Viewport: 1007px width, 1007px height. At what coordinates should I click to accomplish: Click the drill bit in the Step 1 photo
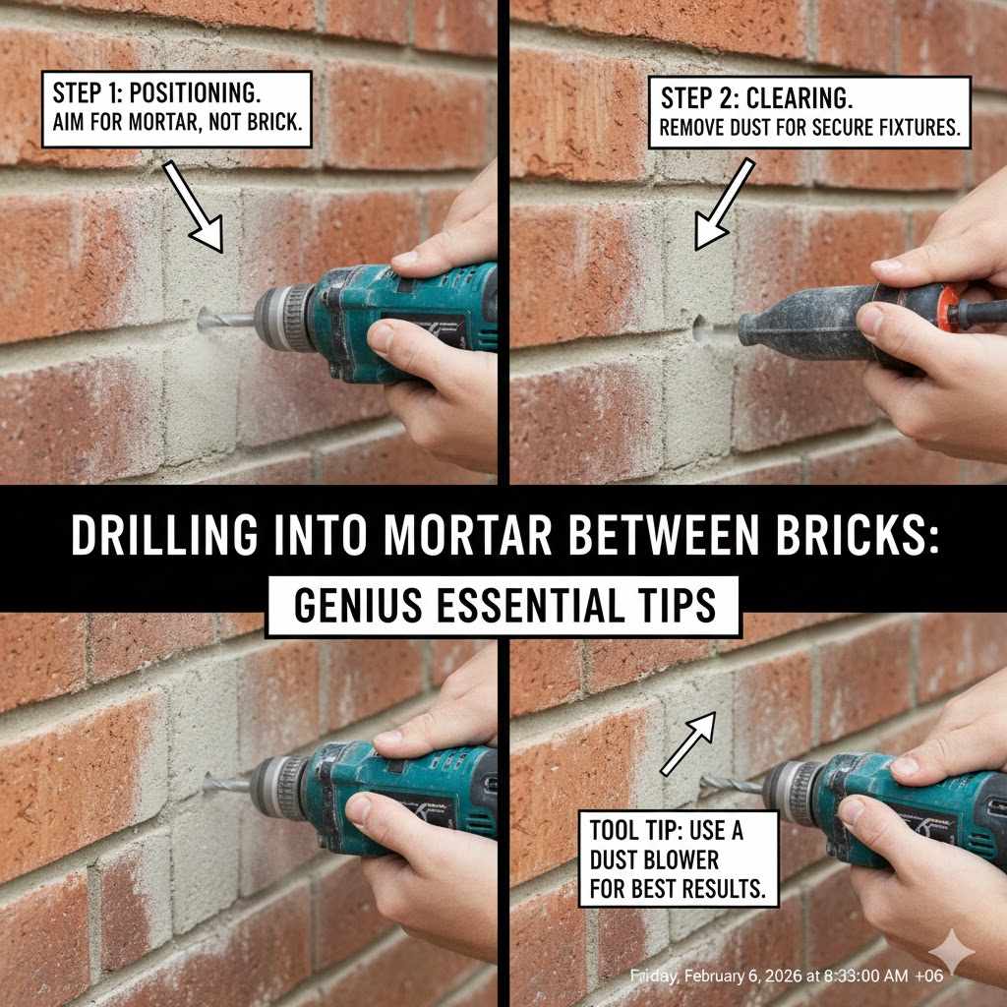point(225,318)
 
